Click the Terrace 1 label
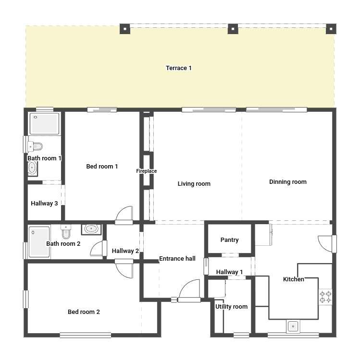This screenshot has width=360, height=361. click(179, 68)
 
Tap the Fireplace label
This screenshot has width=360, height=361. click(146, 171)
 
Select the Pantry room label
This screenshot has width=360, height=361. click(229, 240)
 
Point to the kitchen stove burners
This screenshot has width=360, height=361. click(325, 297)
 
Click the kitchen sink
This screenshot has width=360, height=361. click(293, 326)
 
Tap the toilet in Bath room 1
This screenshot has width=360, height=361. click(35, 146)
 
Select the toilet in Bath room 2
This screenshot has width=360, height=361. click(66, 232)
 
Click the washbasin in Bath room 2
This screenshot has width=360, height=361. click(91, 229)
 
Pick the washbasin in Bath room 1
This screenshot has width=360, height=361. click(33, 168)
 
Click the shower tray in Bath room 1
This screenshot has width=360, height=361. click(44, 123)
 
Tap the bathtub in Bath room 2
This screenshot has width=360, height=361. click(39, 242)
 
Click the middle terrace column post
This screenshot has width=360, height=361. click(233, 29)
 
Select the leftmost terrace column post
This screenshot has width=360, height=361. click(125, 29)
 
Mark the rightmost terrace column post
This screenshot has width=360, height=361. click(331, 29)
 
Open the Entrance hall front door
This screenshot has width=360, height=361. click(189, 290)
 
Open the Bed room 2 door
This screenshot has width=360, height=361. click(124, 269)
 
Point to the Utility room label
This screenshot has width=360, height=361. click(231, 307)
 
